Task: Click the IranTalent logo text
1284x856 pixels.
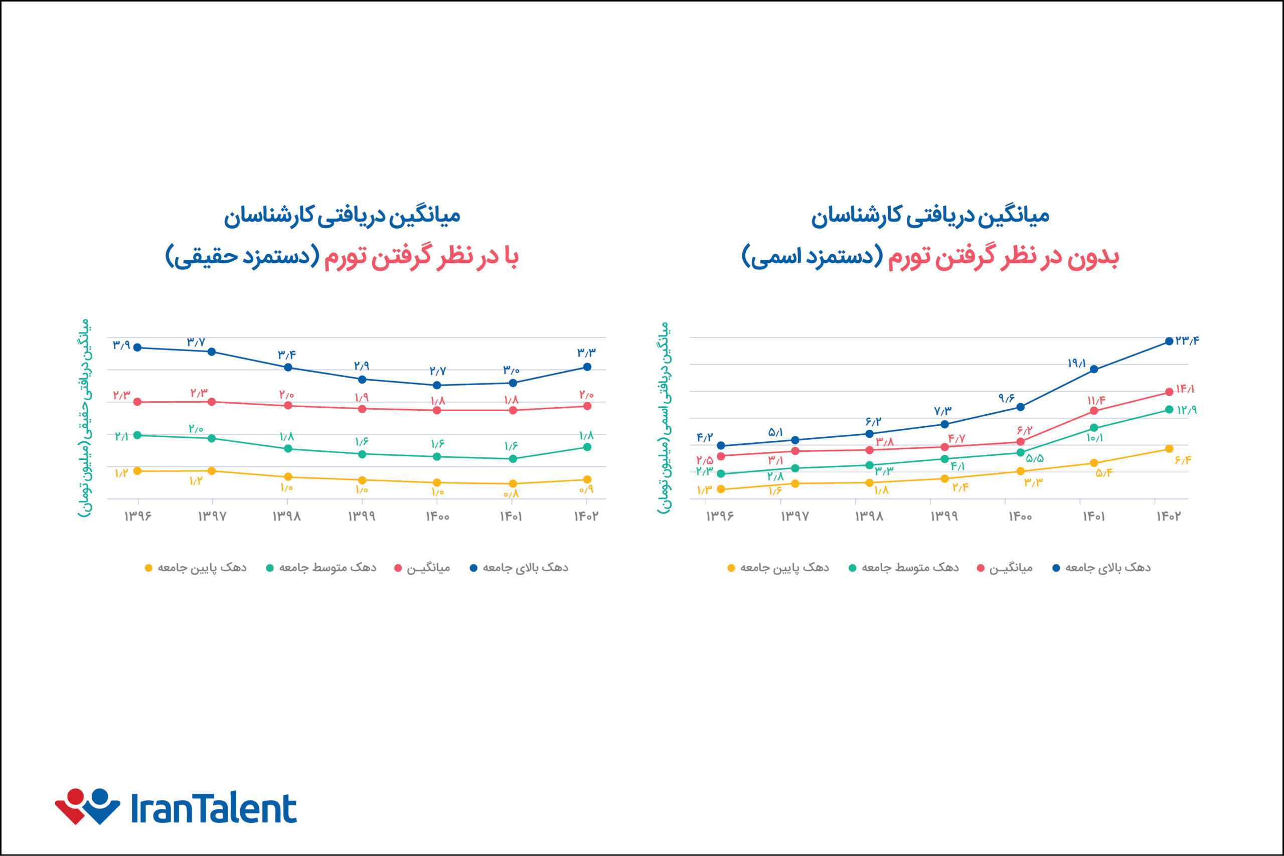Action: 214,808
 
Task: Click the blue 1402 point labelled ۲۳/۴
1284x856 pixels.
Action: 1169,341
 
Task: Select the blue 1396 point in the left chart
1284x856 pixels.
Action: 137,348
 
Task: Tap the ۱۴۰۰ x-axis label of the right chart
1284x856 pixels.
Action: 1020,517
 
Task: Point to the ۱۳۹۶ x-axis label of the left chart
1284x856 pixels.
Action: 137,517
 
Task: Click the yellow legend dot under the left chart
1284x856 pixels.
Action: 148,568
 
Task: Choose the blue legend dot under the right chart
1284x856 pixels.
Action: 1056,568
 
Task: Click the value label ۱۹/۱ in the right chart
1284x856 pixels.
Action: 1076,363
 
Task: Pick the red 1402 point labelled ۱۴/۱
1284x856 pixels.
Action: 1169,392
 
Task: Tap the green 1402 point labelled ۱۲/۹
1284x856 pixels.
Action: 1169,409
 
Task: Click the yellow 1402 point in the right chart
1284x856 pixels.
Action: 1169,449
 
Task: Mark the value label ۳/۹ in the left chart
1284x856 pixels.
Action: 121,345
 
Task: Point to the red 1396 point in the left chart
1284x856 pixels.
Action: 137,402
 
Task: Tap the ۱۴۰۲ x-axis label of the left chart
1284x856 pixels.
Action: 586,517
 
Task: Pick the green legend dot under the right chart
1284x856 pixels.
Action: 852,568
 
